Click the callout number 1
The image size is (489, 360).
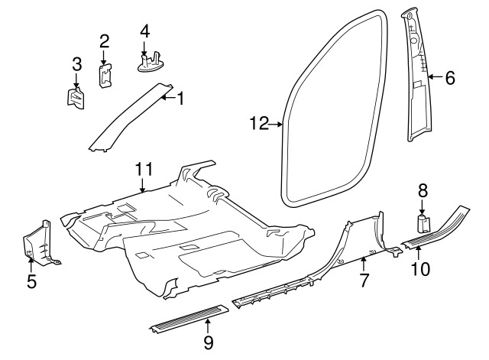(x=181, y=98)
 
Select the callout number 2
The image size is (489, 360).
(x=105, y=40)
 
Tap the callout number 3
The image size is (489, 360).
(x=76, y=63)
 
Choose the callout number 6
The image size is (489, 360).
(x=450, y=76)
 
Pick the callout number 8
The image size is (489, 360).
(x=423, y=191)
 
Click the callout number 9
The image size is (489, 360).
(x=208, y=342)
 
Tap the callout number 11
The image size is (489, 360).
(x=144, y=170)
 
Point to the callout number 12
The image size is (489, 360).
(x=259, y=122)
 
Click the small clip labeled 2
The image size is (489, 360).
(x=105, y=73)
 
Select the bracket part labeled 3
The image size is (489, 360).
(x=77, y=99)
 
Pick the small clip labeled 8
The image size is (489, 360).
(x=423, y=223)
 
